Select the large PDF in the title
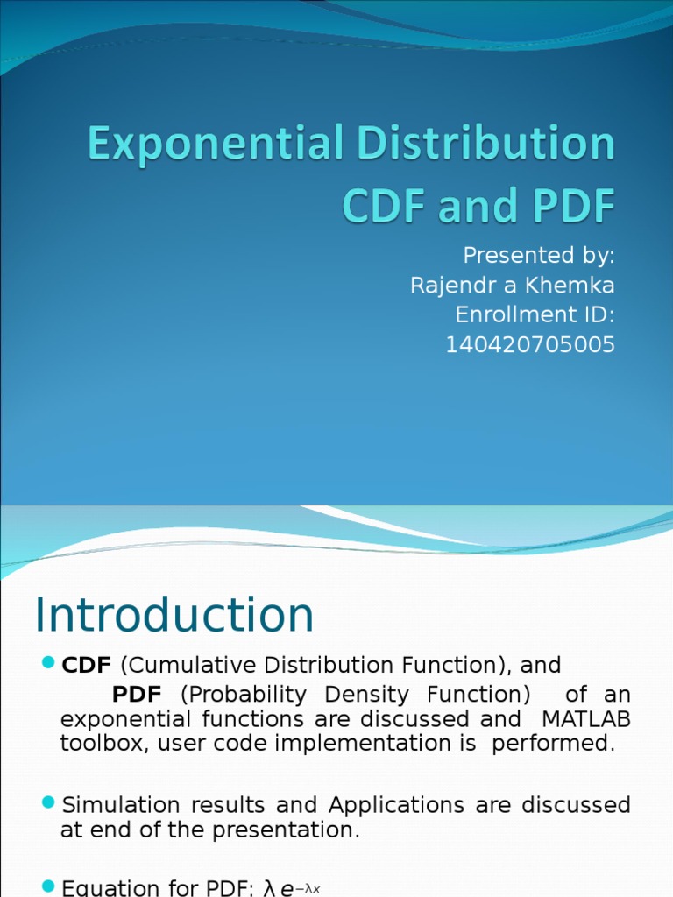(564, 206)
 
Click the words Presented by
(538, 255)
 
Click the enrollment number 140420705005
(530, 345)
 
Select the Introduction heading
(174, 615)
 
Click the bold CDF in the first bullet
(86, 665)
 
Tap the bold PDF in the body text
(137, 695)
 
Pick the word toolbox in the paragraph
(95, 744)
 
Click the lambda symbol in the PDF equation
(269, 888)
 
